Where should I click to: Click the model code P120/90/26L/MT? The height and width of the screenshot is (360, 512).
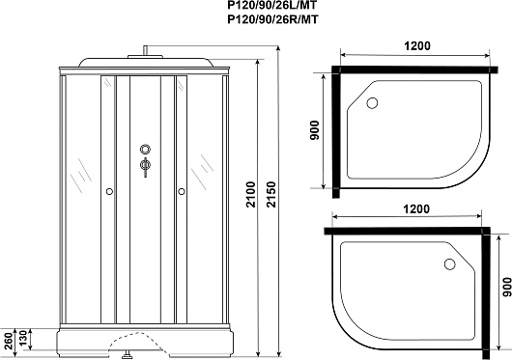272,5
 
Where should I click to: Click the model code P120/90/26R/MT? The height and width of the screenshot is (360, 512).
272,20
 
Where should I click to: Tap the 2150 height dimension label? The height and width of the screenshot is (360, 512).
271,195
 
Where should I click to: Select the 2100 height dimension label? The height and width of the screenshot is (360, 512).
251,195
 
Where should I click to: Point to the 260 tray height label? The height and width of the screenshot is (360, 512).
10,341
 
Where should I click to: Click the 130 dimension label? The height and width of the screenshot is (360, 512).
24,340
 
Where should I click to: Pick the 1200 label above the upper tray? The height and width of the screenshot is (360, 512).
417,46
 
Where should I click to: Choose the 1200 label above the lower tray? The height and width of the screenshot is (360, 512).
416,208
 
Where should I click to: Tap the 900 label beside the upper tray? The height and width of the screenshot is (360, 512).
314,130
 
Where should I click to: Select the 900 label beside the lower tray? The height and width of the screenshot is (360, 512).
507,287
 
